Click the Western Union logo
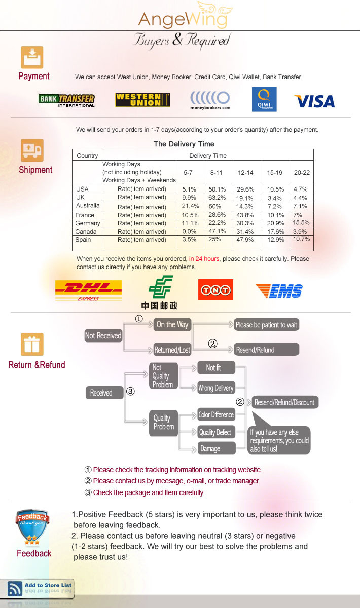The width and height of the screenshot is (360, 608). tap(142, 100)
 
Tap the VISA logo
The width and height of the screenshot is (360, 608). tap(315, 101)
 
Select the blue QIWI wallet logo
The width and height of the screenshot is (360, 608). tap(264, 99)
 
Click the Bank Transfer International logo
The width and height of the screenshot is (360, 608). tap(67, 100)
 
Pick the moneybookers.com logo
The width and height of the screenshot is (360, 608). tap(210, 100)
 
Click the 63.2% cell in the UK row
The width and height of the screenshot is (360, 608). tap(217, 197)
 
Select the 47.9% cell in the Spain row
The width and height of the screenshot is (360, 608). tap(245, 240)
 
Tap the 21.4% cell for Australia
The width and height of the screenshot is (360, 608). tap(190, 206)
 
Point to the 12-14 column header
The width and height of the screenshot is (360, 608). tap(245, 173)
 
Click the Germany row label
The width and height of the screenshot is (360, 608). tap(88, 223)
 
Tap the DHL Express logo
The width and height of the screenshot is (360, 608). tap(88, 291)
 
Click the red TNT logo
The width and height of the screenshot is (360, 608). tap(215, 290)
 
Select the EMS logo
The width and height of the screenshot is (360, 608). tap(279, 291)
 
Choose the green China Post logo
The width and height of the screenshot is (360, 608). tap(160, 292)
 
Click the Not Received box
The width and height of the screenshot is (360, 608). tap(103, 336)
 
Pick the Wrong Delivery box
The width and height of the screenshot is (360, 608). tap(216, 388)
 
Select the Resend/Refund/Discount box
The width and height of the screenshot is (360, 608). tap(284, 402)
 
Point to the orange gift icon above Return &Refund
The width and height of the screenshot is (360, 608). tap(32, 344)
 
